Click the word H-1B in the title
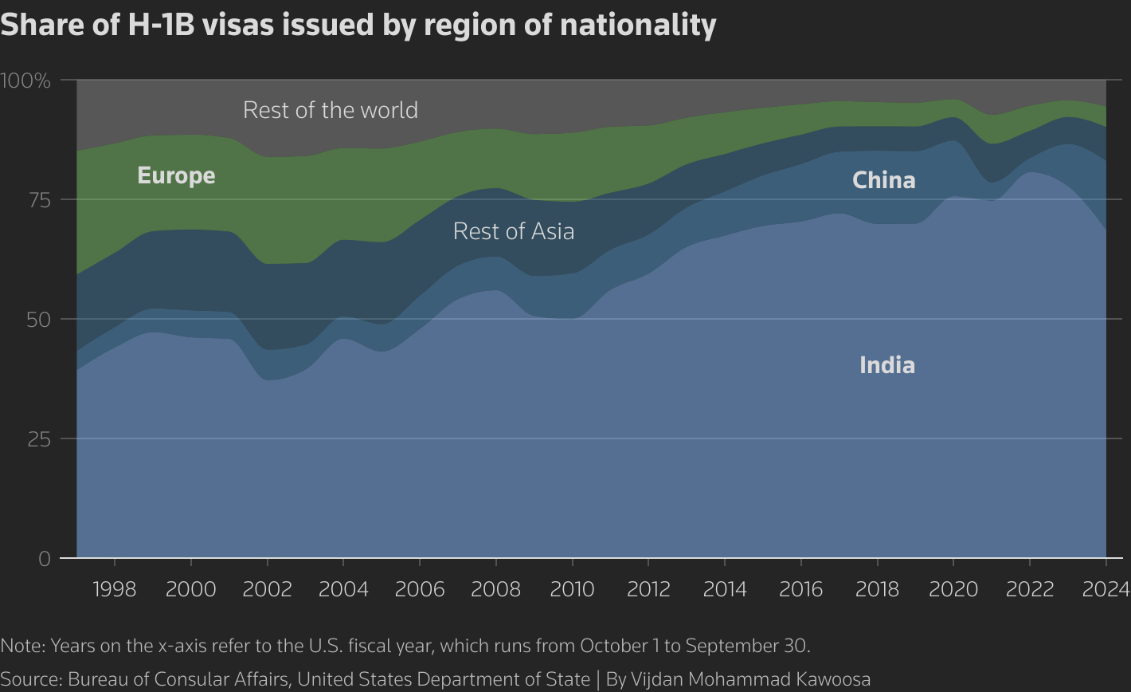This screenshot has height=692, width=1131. (x=159, y=25)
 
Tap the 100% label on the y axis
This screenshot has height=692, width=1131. (x=25, y=81)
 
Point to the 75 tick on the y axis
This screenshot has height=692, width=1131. (x=38, y=200)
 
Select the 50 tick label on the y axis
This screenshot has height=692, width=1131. (x=38, y=320)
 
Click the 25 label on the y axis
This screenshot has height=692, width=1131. (x=38, y=439)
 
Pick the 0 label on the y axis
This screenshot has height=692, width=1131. (x=45, y=559)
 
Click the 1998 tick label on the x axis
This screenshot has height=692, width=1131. (x=115, y=589)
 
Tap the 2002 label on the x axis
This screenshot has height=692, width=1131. (x=267, y=589)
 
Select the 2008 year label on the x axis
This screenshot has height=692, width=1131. (x=495, y=589)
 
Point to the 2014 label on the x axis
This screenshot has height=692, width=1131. (x=725, y=589)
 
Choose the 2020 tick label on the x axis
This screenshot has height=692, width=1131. (x=953, y=589)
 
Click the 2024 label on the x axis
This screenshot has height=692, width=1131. (x=1106, y=589)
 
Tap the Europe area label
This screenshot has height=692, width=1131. (x=176, y=175)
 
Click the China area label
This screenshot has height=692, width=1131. (x=883, y=180)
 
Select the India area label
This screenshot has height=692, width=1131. (x=886, y=365)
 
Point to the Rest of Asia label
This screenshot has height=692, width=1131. (x=514, y=231)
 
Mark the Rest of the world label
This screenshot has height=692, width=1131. (x=330, y=109)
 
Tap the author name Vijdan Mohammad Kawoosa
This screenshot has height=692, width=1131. (x=750, y=679)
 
